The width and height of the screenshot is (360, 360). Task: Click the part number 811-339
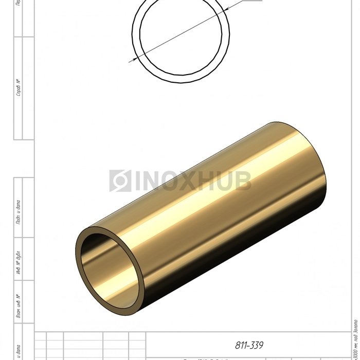point(249,346)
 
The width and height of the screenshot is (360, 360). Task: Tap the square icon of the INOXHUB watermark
point(120,181)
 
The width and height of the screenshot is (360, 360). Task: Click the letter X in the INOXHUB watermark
point(190,181)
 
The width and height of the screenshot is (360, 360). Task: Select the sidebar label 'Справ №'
point(19,88)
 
